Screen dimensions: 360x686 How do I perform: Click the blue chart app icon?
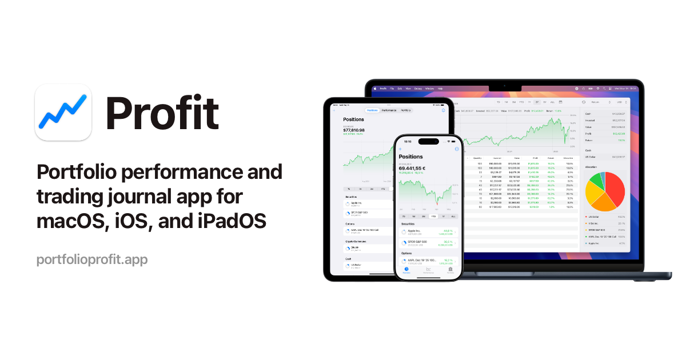(x=63, y=112)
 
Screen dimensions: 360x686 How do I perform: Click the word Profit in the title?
(x=162, y=113)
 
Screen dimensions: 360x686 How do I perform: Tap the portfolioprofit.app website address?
(x=92, y=259)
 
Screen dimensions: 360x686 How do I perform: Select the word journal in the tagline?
(x=147, y=197)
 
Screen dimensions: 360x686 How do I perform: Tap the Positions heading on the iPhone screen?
(x=411, y=157)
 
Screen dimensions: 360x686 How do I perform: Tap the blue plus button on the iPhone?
(x=400, y=149)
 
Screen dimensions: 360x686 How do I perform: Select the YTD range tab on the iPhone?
(x=433, y=217)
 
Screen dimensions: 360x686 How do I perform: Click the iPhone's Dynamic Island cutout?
(x=428, y=141)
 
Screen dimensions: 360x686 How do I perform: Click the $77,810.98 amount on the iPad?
(x=354, y=130)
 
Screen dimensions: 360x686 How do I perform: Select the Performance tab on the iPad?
(x=389, y=110)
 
